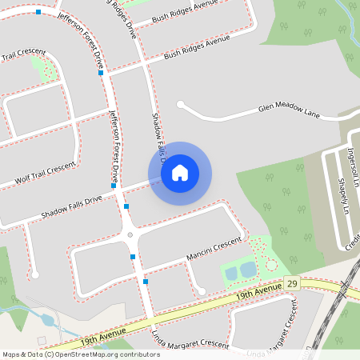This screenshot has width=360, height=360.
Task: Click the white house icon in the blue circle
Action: [180, 172]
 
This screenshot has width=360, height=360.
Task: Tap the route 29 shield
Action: [292, 284]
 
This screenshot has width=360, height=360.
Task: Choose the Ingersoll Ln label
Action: [353, 165]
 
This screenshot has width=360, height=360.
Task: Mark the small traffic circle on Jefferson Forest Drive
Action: [130, 234]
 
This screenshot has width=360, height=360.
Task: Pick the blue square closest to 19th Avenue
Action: [146, 282]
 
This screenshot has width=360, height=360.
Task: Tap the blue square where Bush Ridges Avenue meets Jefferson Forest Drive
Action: [101, 73]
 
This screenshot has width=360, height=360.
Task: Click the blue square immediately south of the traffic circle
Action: [133, 256]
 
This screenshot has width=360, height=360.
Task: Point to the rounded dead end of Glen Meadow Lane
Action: [181, 104]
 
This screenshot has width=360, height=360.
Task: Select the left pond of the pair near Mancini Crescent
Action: [231, 274]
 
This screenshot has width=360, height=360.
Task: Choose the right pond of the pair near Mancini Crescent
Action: [247, 270]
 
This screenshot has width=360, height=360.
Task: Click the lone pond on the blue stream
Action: [46, 320]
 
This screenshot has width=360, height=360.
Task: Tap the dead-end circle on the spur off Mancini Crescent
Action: [202, 291]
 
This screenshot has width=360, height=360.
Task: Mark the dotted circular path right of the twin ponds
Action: [271, 264]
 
